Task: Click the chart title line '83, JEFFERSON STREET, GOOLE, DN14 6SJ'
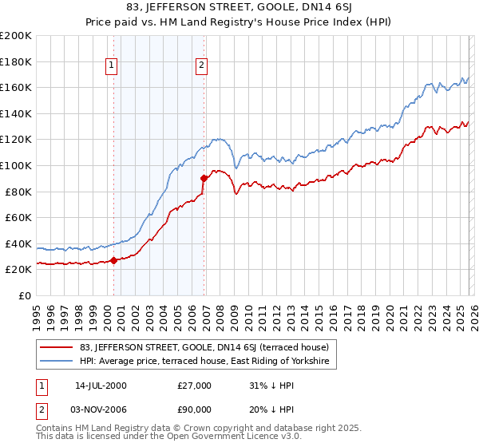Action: (239, 7)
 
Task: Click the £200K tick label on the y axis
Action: (16, 36)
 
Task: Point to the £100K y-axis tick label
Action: (16, 165)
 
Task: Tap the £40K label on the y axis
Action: (18, 243)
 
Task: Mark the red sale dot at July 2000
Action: (113, 260)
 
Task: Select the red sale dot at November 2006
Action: (204, 178)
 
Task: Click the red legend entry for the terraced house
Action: (200, 347)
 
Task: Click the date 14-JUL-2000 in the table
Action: (101, 386)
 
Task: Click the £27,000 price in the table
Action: (194, 386)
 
